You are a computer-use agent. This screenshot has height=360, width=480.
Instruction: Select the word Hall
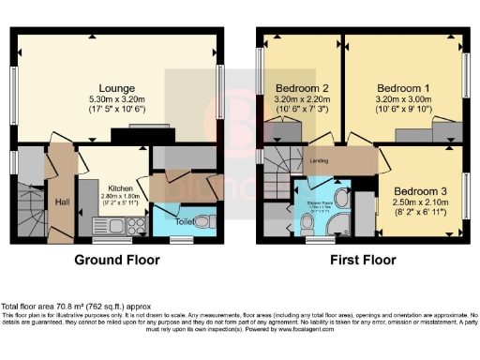click(61, 202)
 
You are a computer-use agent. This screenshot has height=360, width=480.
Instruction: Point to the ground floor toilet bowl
click(208, 219)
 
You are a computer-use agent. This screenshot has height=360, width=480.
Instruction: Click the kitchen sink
click(105, 225)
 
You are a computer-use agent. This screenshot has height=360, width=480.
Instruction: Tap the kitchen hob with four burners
click(127, 225)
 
